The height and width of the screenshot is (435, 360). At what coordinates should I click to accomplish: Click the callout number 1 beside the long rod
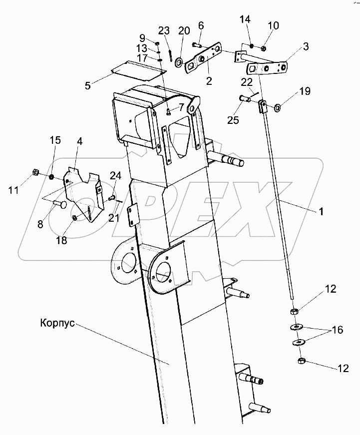[321, 212]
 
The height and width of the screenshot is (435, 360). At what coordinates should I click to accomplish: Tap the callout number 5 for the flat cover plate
[88, 86]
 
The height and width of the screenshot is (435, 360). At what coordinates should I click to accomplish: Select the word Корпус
[57, 323]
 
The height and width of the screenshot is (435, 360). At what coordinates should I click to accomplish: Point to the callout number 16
[337, 330]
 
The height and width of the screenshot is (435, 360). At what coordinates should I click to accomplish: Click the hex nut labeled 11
[35, 172]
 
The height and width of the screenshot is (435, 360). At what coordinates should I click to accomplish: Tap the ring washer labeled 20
[179, 62]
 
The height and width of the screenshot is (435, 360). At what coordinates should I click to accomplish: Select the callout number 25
[233, 120]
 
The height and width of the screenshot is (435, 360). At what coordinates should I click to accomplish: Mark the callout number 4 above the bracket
[79, 141]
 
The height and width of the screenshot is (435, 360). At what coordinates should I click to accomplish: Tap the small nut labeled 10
[264, 49]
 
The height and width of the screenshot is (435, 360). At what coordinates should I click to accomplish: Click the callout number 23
[164, 30]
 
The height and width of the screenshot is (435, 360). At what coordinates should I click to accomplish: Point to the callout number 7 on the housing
[181, 106]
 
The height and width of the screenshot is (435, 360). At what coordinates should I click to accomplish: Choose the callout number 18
[61, 240]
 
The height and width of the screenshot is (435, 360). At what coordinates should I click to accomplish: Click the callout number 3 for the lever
[306, 46]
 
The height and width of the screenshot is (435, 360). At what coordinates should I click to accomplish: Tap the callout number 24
[115, 176]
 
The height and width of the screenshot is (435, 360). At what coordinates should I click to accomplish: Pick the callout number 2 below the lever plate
[209, 81]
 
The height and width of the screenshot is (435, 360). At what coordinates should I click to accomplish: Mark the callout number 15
[55, 140]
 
